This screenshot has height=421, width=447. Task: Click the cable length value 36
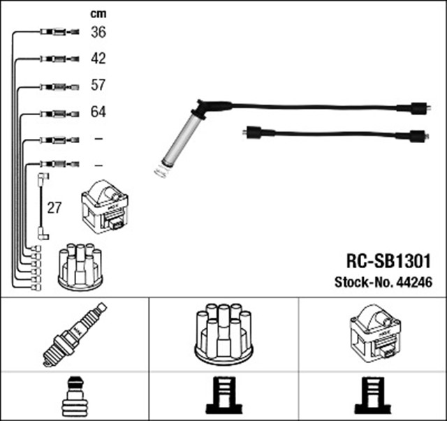(98, 32)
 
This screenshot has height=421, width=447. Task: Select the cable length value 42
(98, 59)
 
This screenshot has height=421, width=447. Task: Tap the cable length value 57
(98, 85)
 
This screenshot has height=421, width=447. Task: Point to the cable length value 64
(98, 112)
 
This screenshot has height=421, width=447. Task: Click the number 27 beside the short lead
(54, 207)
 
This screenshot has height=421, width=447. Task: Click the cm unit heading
(98, 14)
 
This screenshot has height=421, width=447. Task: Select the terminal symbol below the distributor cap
(223, 396)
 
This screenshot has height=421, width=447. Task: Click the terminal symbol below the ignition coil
(372, 396)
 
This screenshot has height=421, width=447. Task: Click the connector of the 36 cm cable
(56, 32)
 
